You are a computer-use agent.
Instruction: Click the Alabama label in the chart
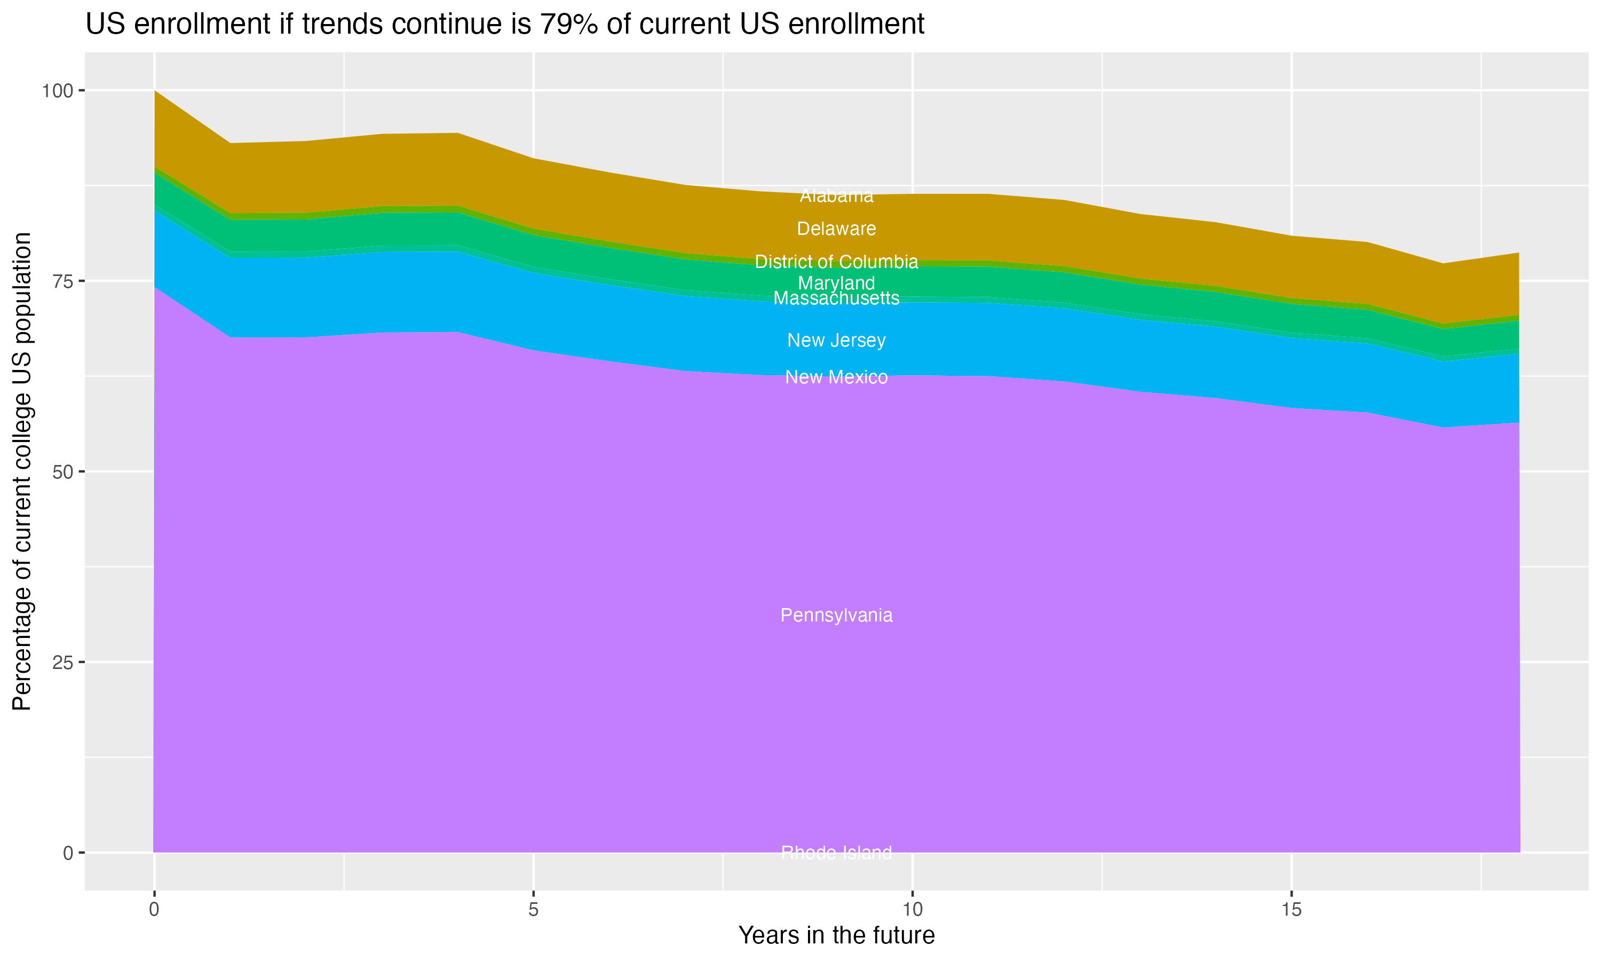click(836, 195)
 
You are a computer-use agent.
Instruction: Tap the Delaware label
click(836, 229)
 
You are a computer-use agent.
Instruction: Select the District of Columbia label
click(836, 262)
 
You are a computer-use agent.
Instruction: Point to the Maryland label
click(836, 283)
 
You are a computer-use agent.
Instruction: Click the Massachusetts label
click(836, 298)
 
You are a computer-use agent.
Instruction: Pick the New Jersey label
click(836, 340)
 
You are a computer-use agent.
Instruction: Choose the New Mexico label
click(836, 377)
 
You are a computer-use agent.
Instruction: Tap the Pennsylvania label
click(836, 615)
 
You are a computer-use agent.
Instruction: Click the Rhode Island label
click(836, 853)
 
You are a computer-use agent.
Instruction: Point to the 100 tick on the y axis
click(57, 91)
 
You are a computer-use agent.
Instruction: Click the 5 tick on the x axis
click(533, 910)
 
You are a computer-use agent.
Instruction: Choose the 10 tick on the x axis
click(912, 910)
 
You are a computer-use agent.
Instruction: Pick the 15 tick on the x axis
click(1291, 910)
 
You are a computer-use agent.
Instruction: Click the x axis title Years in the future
click(836, 935)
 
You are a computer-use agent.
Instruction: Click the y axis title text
click(22, 471)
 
